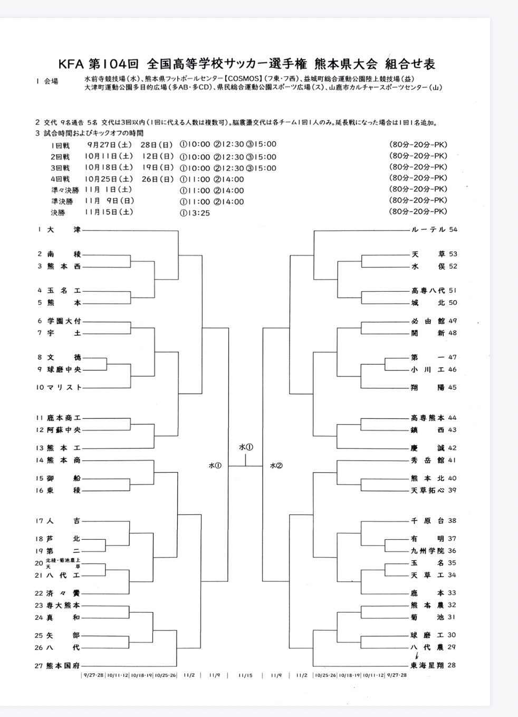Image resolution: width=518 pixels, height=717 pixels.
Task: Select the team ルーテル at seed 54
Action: pyautogui.click(x=428, y=230)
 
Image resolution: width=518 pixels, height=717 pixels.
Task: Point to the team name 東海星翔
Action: pyautogui.click(x=428, y=665)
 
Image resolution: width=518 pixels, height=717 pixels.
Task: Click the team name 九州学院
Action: pyautogui.click(x=428, y=551)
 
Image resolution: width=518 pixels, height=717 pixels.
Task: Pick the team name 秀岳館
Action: pyautogui.click(x=428, y=460)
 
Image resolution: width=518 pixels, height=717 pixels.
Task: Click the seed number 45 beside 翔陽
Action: pyautogui.click(x=452, y=387)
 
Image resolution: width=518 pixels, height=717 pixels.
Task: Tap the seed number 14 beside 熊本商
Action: pyautogui.click(x=40, y=460)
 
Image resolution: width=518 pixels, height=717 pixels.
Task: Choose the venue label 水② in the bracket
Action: pyautogui.click(x=276, y=466)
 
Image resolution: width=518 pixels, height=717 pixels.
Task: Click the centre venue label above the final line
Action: pyautogui.click(x=246, y=447)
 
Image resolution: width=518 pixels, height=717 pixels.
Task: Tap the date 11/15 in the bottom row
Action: pyautogui.click(x=245, y=675)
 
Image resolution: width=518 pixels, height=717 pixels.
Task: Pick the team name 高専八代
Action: pyautogui.click(x=428, y=291)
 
